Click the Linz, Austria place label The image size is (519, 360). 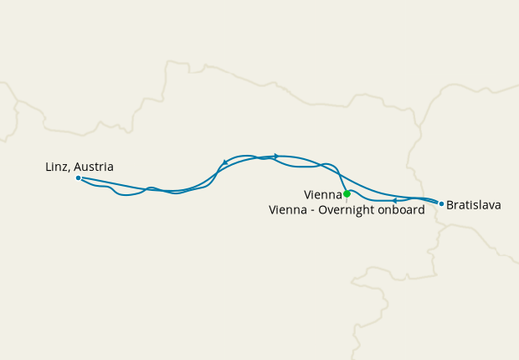pyautogui.click(x=80, y=167)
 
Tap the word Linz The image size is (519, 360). pyautogui.click(x=56, y=167)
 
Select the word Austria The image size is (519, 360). pyautogui.click(x=94, y=167)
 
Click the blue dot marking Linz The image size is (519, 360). pyautogui.click(x=78, y=177)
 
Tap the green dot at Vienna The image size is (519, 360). pyautogui.click(x=347, y=194)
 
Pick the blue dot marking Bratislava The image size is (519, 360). pyautogui.click(x=441, y=203)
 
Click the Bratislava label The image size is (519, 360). pyautogui.click(x=474, y=204)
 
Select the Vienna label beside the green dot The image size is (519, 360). pyautogui.click(x=322, y=195)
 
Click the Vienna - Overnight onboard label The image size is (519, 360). pyautogui.click(x=347, y=210)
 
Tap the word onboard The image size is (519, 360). pyautogui.click(x=404, y=210)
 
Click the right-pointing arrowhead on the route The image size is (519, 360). pyautogui.click(x=275, y=156)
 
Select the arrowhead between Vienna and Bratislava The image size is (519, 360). pyautogui.click(x=393, y=200)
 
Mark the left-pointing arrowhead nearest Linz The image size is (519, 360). pyautogui.click(x=224, y=162)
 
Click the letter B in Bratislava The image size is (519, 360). pyautogui.click(x=451, y=204)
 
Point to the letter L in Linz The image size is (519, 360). pyautogui.click(x=49, y=167)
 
